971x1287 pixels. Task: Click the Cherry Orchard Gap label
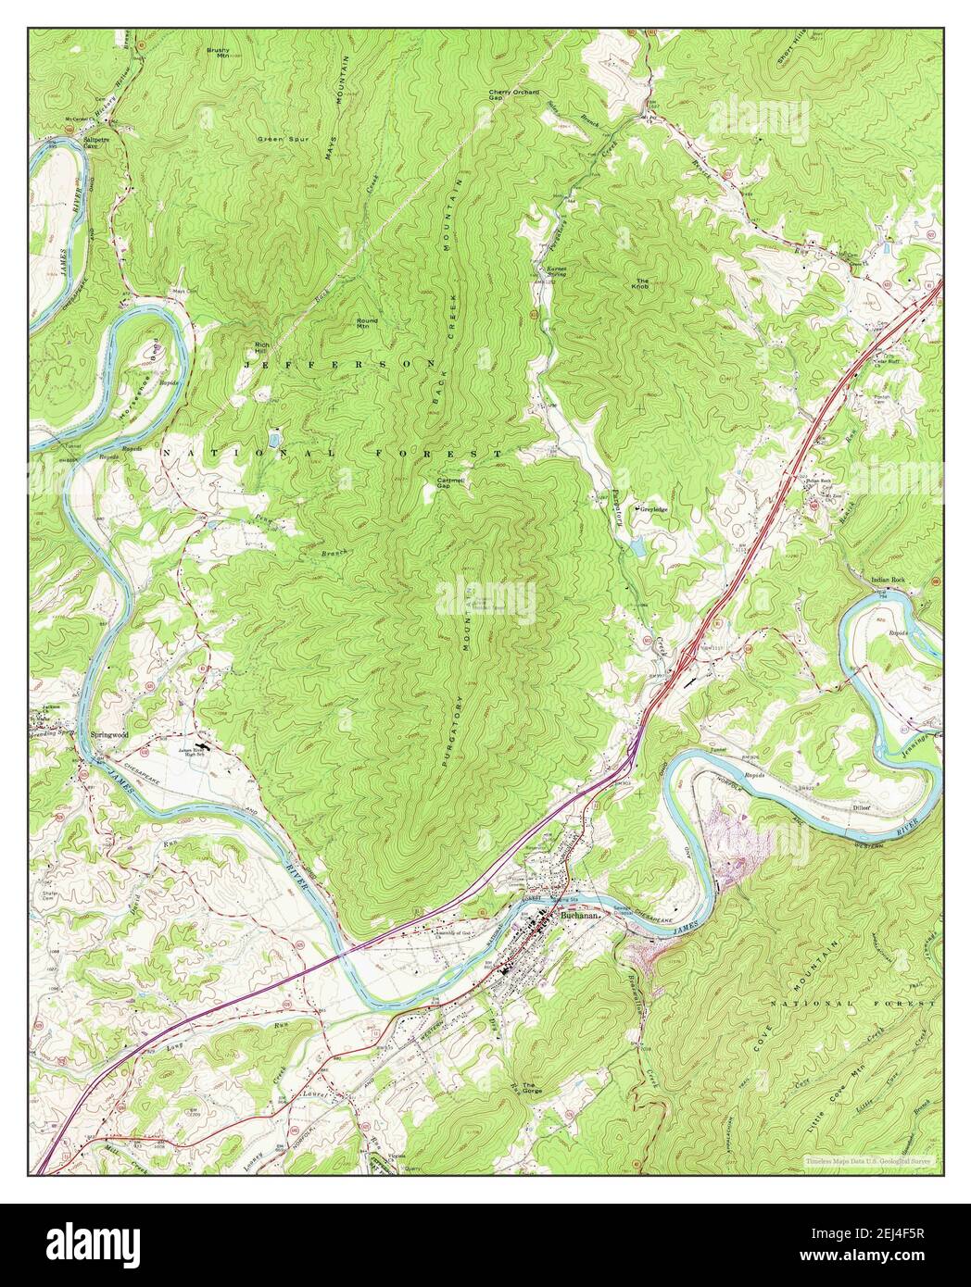(514, 96)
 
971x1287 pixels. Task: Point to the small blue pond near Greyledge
(639, 546)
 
